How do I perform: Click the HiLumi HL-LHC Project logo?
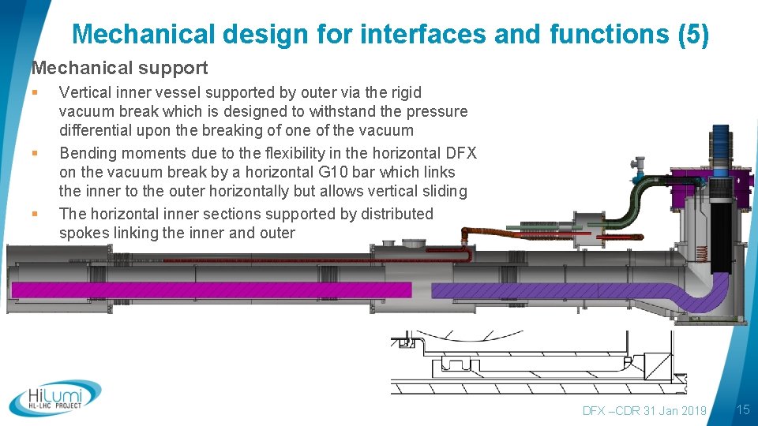tap(55, 398)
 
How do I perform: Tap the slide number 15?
tap(742, 409)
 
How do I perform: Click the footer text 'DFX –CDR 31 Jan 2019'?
tap(644, 410)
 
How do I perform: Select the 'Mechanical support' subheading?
tap(119, 69)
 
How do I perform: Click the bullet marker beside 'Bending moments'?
tap(36, 153)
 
